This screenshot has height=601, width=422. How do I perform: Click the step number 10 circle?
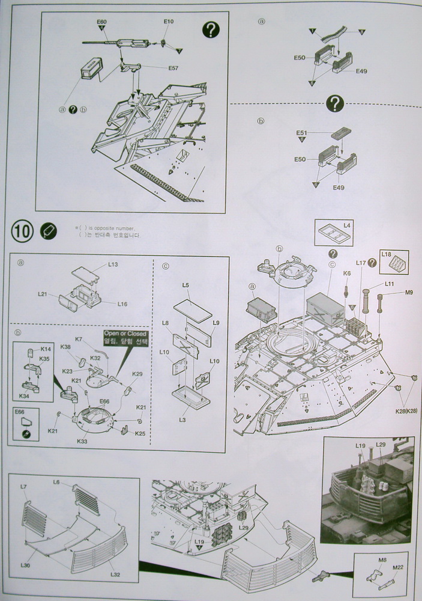(x=22, y=231)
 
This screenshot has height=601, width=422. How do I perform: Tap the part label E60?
(x=101, y=22)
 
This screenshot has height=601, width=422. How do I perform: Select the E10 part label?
(x=168, y=22)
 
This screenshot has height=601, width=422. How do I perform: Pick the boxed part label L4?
(x=347, y=225)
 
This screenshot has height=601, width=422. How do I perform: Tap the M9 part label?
(x=409, y=293)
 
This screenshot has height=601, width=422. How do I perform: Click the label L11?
(x=389, y=283)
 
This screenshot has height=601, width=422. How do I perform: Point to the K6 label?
(x=347, y=273)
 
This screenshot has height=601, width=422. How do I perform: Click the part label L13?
(x=113, y=264)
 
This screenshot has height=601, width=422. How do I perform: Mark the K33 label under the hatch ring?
(x=82, y=441)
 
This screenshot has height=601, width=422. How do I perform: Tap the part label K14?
(x=46, y=349)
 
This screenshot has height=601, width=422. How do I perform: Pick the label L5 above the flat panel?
(x=185, y=285)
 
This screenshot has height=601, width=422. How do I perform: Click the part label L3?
(x=182, y=419)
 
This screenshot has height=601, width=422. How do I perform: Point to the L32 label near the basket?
(x=115, y=574)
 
